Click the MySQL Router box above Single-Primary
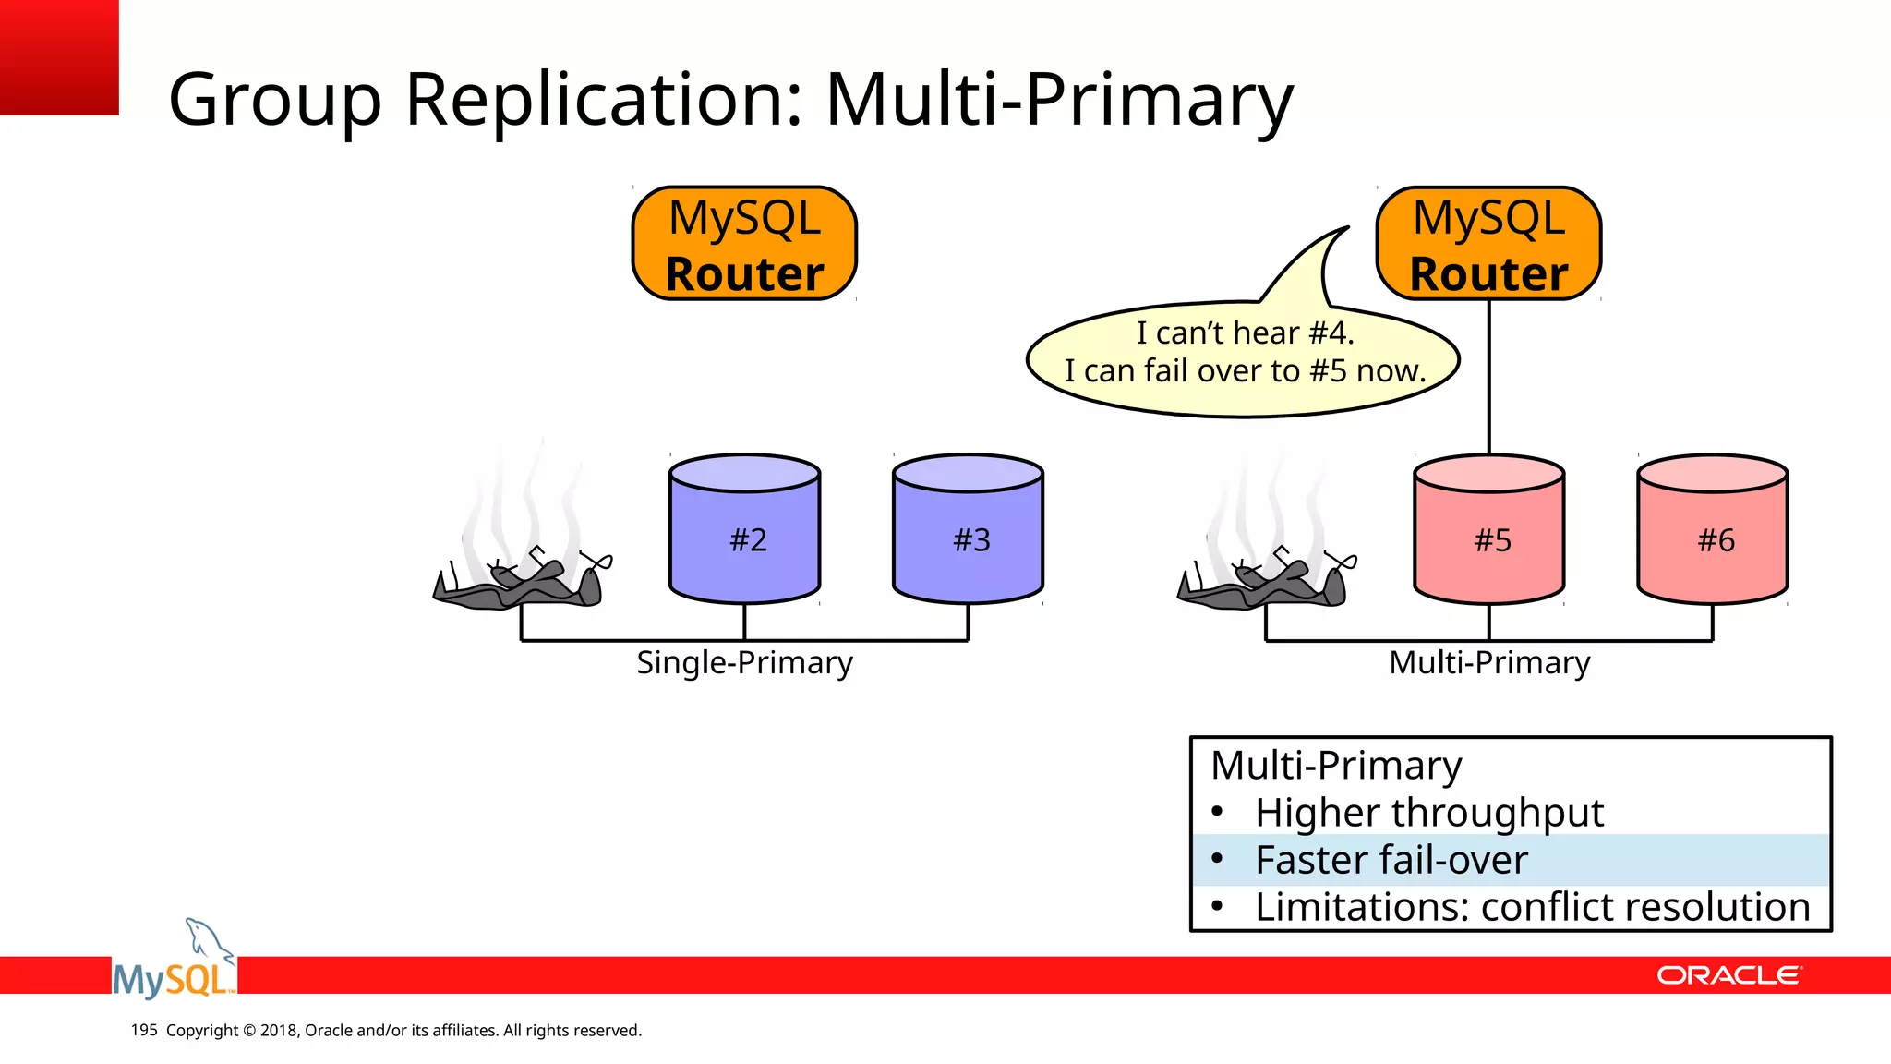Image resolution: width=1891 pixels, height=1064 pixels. [x=744, y=244]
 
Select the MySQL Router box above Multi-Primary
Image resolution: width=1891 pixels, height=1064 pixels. [x=1488, y=244]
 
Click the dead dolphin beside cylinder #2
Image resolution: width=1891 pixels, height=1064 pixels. [x=522, y=582]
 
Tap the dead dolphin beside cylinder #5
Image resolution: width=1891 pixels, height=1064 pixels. [x=1266, y=582]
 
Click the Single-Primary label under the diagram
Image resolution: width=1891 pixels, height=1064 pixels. [x=744, y=663]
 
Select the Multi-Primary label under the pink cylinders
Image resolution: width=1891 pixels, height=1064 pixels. [x=1488, y=663]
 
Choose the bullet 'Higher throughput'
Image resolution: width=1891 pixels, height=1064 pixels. [x=1427, y=813]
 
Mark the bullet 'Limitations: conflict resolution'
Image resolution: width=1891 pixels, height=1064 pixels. [x=1531, y=907]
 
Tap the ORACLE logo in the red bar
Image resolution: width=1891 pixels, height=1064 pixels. [x=1728, y=975]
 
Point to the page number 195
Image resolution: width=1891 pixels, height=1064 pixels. [x=144, y=1030]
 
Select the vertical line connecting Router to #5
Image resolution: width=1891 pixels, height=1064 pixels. [x=1488, y=379]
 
